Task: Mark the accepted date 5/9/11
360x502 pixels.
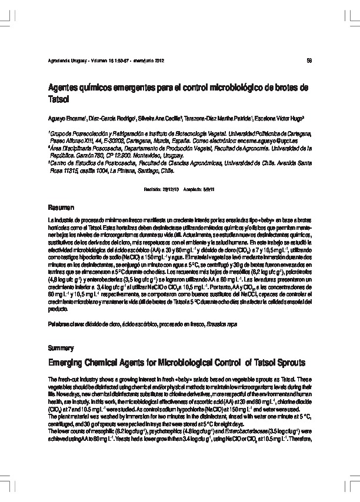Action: coord(209,189)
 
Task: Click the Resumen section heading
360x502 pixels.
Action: coord(61,208)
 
